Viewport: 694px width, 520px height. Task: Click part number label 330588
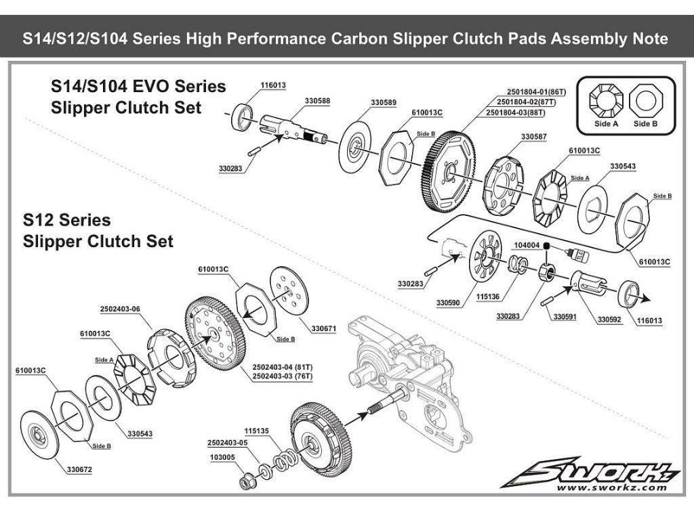pos(317,100)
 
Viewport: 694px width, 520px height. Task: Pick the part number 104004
pos(527,245)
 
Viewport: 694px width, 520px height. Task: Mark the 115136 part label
pos(488,296)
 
